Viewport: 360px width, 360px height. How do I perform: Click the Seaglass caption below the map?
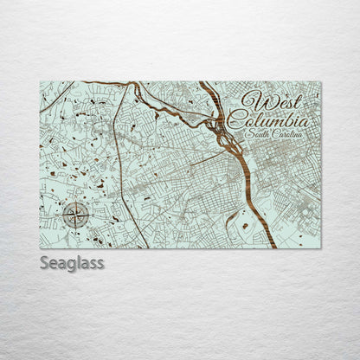pos(72,263)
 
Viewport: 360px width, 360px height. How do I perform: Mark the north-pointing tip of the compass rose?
pos(75,200)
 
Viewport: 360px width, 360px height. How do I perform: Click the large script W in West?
pos(254,100)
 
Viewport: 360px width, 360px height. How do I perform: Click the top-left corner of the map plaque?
pos(41,82)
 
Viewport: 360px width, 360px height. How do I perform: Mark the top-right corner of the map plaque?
pos(320,82)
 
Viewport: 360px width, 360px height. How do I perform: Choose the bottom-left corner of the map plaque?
pos(41,248)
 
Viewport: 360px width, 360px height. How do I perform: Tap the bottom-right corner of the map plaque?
pos(320,248)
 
